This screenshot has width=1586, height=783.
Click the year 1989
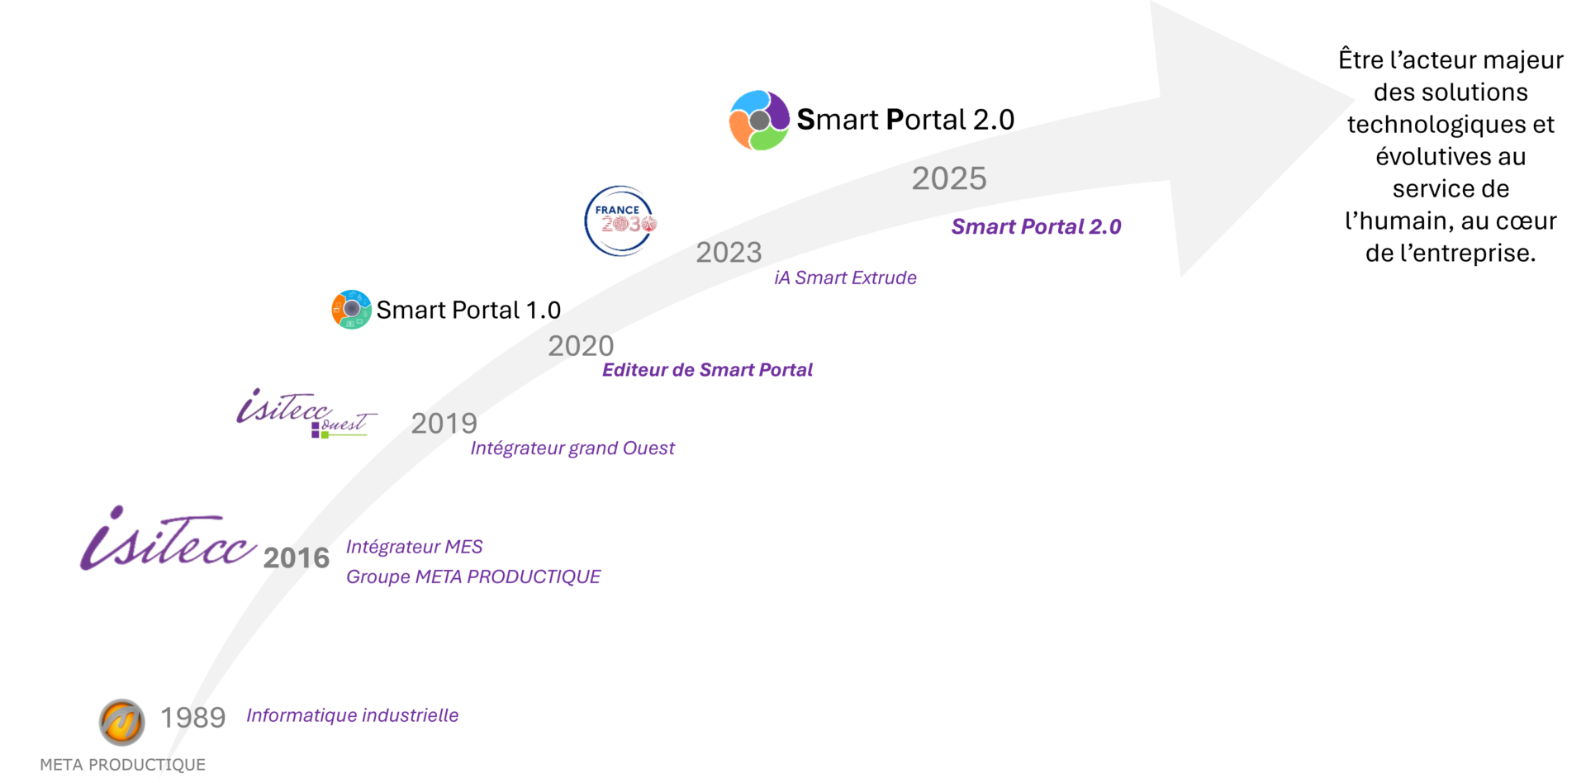[x=192, y=718]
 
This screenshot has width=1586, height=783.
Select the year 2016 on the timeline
[x=296, y=558]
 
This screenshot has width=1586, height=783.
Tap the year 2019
[x=444, y=424]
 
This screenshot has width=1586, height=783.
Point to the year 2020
[x=581, y=346]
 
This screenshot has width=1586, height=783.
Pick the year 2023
[x=729, y=253]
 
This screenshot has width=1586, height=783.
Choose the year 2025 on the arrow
[x=949, y=179]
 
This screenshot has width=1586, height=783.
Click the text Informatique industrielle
[x=352, y=715]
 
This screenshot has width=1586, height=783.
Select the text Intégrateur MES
[x=414, y=547]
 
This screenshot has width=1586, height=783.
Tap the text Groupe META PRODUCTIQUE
[x=473, y=577]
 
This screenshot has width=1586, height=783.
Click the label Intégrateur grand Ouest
[x=572, y=448]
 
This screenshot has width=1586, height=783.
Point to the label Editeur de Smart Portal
[x=707, y=370]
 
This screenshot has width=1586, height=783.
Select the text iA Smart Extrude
[x=845, y=278]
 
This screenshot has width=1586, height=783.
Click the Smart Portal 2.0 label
[x=1036, y=227]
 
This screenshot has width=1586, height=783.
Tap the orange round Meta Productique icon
[x=122, y=722]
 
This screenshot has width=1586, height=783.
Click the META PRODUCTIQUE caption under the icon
[x=123, y=765]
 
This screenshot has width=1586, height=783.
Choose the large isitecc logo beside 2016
[x=168, y=539]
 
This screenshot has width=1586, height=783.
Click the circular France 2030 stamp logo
[x=620, y=221]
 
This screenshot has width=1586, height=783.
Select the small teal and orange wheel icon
[x=352, y=310]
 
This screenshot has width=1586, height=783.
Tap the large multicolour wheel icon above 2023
[x=759, y=121]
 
